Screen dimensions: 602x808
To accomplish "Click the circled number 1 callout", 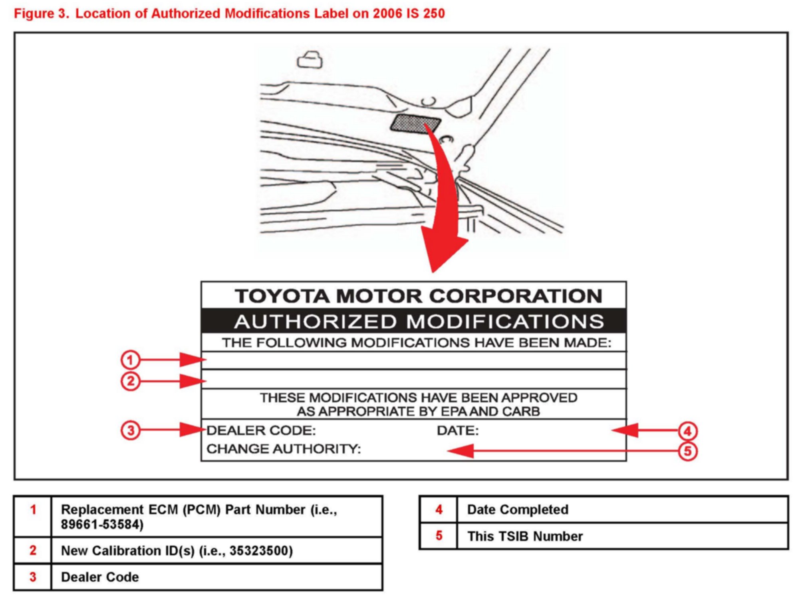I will [x=130, y=360].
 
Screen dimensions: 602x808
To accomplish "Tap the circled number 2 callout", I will [x=130, y=381].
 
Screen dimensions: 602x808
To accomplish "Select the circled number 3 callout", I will [x=130, y=431].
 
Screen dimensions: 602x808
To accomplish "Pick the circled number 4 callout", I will [x=687, y=431].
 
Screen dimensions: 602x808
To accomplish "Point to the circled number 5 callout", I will [x=687, y=451].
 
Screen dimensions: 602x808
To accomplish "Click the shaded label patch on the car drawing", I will [x=415, y=124].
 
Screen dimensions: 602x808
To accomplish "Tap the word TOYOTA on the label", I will [x=282, y=296].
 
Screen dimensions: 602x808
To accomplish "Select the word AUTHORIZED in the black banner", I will [x=315, y=322].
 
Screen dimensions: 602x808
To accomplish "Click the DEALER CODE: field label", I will [x=261, y=431].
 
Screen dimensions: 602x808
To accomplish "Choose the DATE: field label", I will [x=457, y=431].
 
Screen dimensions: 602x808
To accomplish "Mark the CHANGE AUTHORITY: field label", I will [x=284, y=449].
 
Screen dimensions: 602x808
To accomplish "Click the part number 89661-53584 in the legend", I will [x=102, y=525].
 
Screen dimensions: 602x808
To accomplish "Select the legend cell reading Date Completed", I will [x=518, y=510].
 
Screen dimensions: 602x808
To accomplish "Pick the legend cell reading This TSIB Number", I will [x=525, y=536].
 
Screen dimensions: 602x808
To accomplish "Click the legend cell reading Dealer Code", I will [x=100, y=577].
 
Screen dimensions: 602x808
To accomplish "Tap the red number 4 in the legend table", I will [x=439, y=510].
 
